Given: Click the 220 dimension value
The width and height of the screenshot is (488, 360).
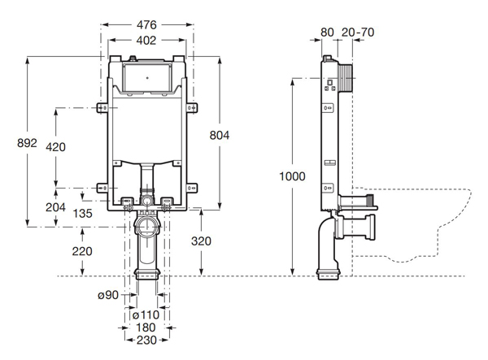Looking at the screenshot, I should click(81, 251).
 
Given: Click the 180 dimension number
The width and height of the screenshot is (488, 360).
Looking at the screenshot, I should click(147, 329).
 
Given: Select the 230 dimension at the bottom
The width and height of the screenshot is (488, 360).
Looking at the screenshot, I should click(147, 342).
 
